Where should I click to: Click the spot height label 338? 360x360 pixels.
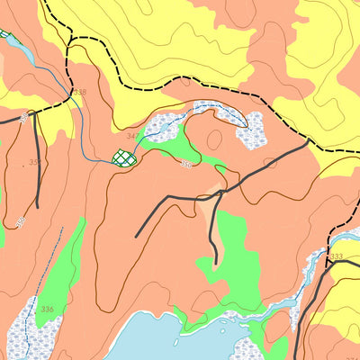(79, 93)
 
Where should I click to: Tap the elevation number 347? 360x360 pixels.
(133, 136)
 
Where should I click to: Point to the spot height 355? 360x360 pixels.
(34, 163)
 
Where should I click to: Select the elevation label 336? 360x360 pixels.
(47, 310)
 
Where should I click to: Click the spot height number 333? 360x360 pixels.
(336, 257)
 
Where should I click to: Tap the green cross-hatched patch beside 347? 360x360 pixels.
(125, 158)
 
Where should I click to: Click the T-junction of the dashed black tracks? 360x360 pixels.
(68, 38)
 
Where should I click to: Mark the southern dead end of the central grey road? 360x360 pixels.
(217, 263)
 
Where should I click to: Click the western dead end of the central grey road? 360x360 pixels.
(137, 236)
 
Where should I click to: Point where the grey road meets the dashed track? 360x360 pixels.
(309, 141)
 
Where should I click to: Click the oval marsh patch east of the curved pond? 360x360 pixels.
(251, 130)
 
